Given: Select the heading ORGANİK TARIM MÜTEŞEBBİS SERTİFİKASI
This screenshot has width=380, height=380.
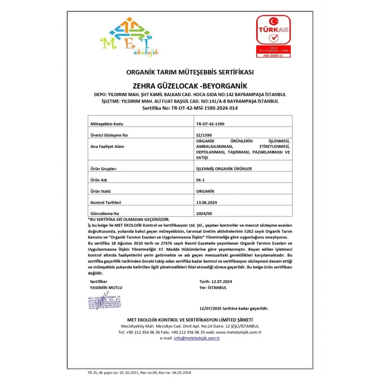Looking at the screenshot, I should [190, 72].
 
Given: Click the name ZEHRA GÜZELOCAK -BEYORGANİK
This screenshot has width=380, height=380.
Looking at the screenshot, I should [190, 86].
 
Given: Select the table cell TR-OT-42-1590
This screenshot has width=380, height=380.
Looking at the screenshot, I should [210, 124].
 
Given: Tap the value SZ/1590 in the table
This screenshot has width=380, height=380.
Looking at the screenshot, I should [202, 134].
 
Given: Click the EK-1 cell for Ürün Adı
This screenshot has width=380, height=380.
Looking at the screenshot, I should [200, 180].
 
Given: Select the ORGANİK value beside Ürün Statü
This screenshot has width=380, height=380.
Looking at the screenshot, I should [205, 191].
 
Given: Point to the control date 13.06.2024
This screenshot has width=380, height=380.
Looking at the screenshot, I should [207, 202].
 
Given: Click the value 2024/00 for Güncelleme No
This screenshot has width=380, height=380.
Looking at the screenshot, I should [204, 213].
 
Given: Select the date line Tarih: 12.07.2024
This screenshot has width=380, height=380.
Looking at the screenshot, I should [216, 282].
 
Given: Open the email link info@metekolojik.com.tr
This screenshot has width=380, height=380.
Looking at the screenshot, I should [197, 338].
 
